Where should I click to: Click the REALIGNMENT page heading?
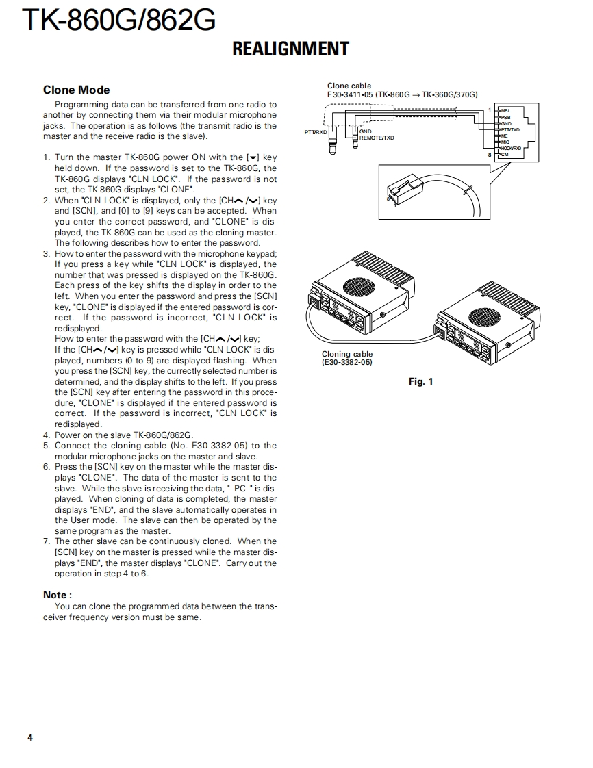coord(290,49)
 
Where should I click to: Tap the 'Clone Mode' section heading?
coord(76,90)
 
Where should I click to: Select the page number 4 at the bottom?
coord(30,737)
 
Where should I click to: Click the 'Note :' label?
coord(58,595)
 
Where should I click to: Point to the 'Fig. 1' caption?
coord(420,381)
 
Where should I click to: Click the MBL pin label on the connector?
coord(506,110)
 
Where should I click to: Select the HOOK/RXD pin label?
coord(511,148)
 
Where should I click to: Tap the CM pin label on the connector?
coord(505,155)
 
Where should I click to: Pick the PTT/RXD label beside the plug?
coord(316,132)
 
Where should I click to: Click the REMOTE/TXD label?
coord(377,138)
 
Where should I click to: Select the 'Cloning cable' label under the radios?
coord(347,354)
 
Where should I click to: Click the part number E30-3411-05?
coord(350,94)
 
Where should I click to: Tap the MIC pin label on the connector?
coord(505,142)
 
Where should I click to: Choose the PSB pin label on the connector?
coord(506,117)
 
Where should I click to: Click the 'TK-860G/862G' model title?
coord(119,21)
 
